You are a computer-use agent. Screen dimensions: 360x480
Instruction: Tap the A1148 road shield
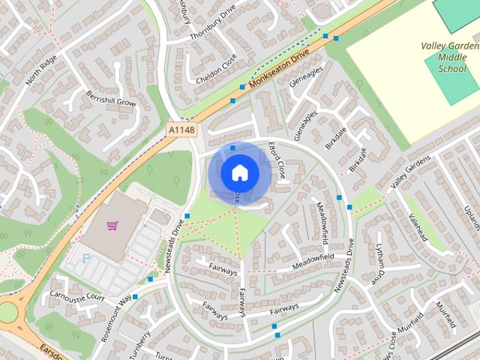pos(181,130)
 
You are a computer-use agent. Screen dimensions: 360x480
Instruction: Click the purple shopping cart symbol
pos(112,224)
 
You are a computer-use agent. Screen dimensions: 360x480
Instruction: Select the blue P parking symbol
pos(85,258)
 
